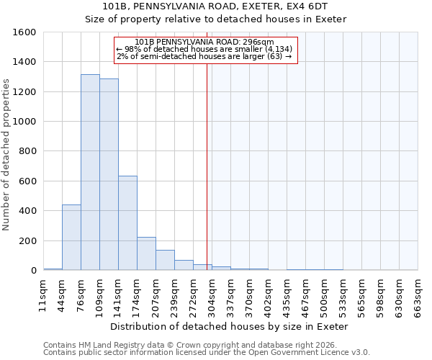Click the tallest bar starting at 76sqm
click(x=90, y=173)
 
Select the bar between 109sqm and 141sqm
click(x=109, y=175)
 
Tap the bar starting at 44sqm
click(x=71, y=238)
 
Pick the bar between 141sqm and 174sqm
click(x=127, y=223)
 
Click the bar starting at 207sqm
click(x=165, y=260)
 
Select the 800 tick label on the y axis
click(x=27, y=152)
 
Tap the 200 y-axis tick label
click(x=27, y=241)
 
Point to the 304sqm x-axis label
click(x=212, y=294)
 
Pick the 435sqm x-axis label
click(x=287, y=294)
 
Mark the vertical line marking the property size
click(x=207, y=166)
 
